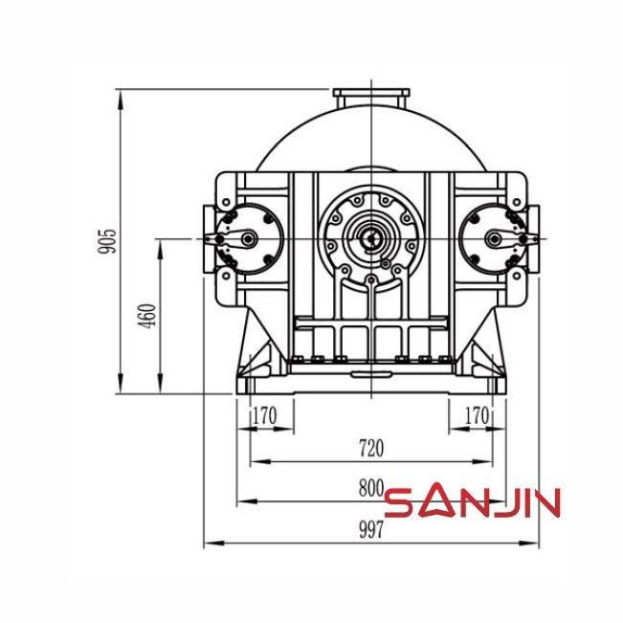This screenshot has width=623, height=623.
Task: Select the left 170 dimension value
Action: click(264, 416)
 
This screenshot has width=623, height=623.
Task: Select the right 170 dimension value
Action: click(476, 416)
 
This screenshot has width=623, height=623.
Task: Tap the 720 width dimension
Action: click(370, 447)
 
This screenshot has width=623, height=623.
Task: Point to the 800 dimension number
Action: click(370, 487)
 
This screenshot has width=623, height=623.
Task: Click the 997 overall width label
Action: click(370, 530)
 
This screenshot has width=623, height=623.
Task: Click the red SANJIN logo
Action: click(472, 501)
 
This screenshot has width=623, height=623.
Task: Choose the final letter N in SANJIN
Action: click(545, 501)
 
